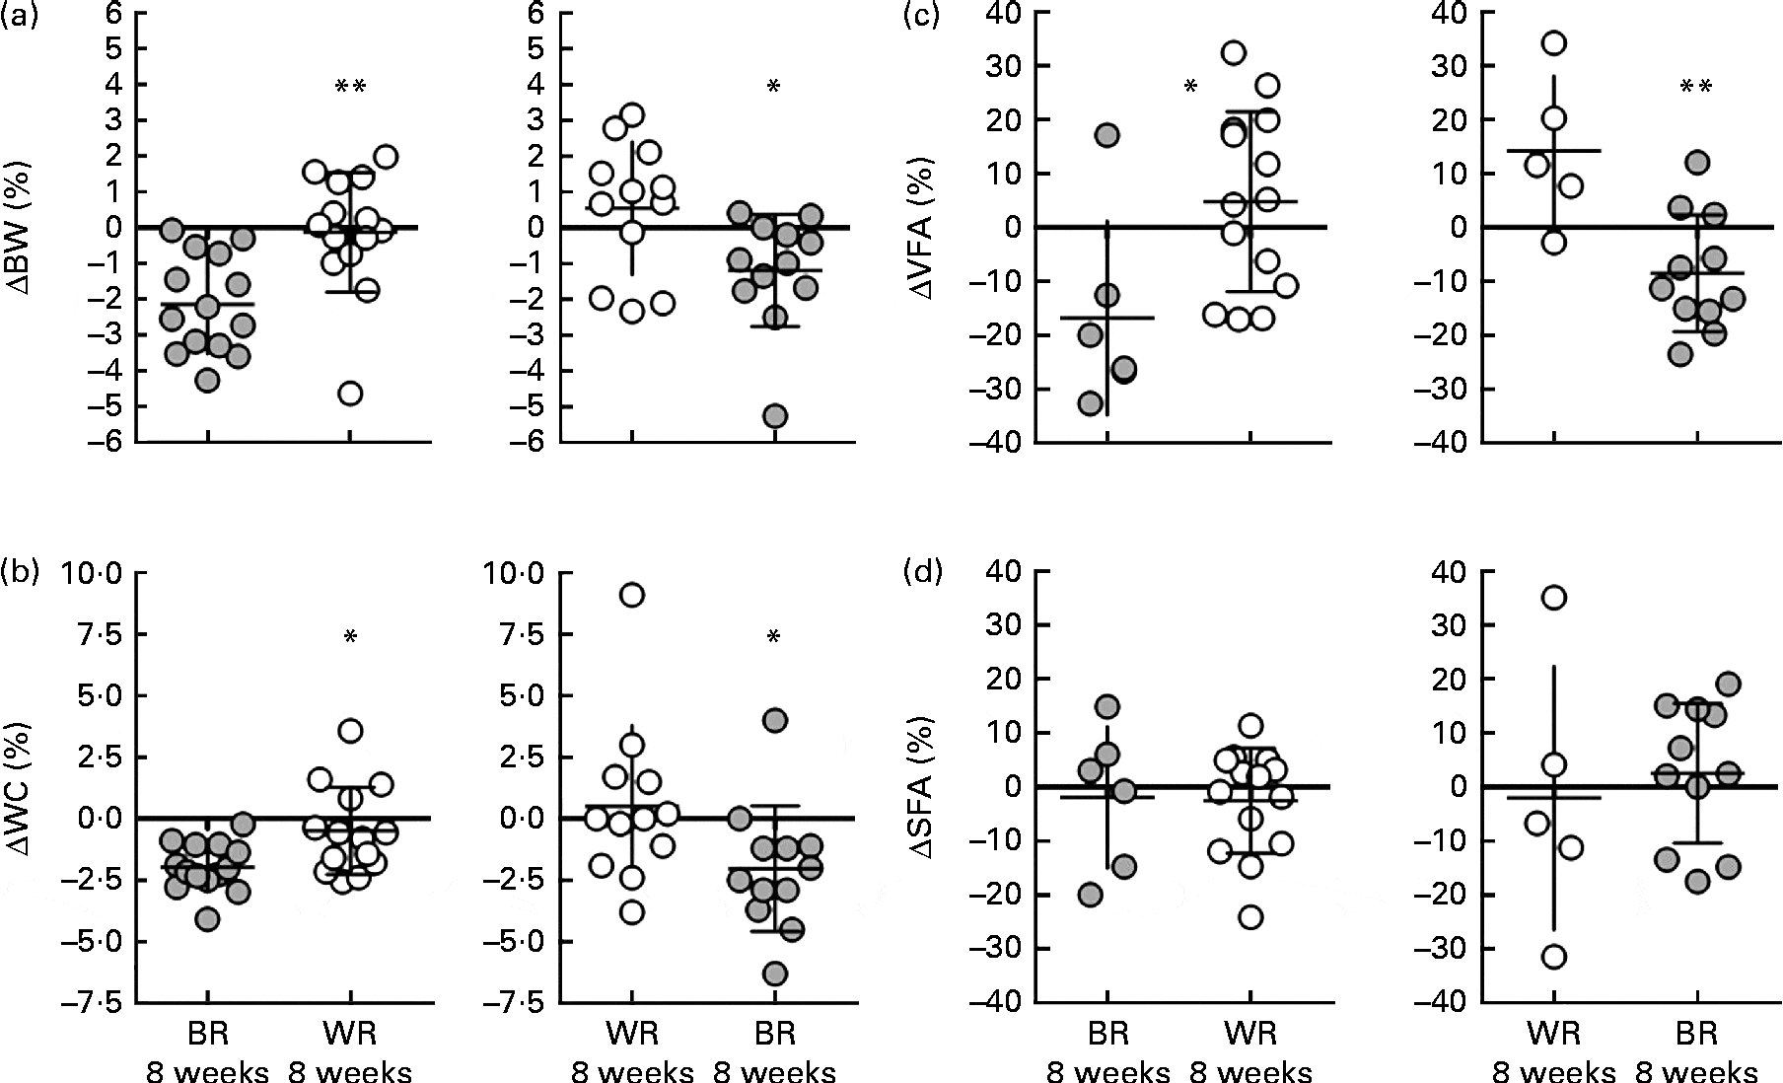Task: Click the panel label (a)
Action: click(x=20, y=16)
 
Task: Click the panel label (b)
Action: click(x=20, y=572)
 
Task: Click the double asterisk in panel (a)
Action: click(x=351, y=88)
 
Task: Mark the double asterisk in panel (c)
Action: click(x=1696, y=88)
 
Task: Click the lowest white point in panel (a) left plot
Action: click(x=350, y=394)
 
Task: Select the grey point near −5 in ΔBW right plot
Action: click(x=775, y=416)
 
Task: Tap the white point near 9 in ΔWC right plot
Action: click(x=632, y=595)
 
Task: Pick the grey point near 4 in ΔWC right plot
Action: click(x=775, y=720)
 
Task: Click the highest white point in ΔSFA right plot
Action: click(x=1554, y=598)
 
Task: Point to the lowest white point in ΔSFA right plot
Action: click(x=1554, y=956)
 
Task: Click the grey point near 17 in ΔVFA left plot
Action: click(x=1106, y=135)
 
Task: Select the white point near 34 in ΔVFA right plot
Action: click(x=1554, y=43)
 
